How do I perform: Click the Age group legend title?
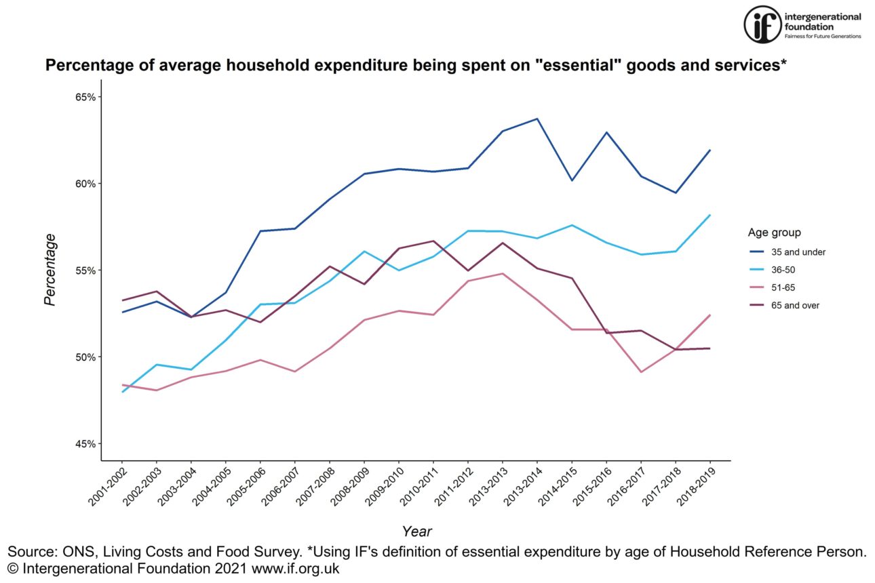pyautogui.click(x=774, y=233)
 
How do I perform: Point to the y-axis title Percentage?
pyautogui.click(x=50, y=270)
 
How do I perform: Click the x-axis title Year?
pyautogui.click(x=416, y=531)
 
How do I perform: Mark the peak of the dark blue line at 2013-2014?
pyautogui.click(x=537, y=119)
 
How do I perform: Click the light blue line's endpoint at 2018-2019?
pyautogui.click(x=709, y=215)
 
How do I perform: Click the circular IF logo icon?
pyautogui.click(x=762, y=25)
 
